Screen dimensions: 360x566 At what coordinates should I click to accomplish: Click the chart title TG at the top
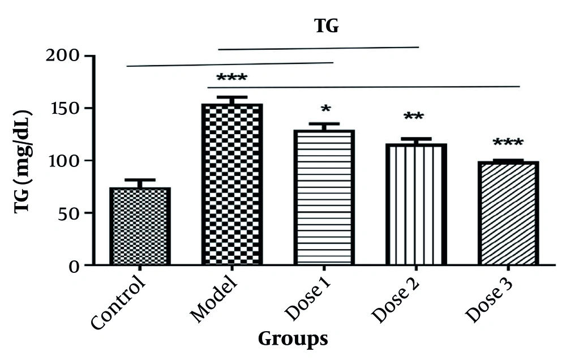tap(327, 26)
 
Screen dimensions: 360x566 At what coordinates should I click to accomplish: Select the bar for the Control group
tap(140, 226)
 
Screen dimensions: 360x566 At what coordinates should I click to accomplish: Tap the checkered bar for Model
tap(231, 184)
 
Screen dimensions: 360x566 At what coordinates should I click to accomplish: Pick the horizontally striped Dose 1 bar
tap(324, 197)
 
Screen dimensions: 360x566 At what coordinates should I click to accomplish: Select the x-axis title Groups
tap(293, 338)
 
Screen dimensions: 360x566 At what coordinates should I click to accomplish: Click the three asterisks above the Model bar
tap(231, 78)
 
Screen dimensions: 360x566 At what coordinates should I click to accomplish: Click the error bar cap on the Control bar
tap(140, 180)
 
